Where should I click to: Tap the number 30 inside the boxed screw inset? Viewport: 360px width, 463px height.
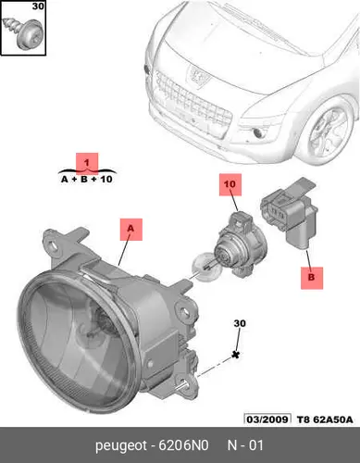(38, 6)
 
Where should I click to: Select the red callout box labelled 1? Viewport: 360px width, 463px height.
(87, 163)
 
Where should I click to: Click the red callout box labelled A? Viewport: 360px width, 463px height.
(131, 230)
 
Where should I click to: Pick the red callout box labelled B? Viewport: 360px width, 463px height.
(312, 278)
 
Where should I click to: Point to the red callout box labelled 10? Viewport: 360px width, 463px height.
(230, 184)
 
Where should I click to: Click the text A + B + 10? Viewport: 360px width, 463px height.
(87, 180)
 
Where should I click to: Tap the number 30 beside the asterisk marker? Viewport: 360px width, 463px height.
(240, 323)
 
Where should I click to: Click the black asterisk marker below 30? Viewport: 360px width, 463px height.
(236, 355)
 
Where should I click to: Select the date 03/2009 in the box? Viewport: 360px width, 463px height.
(267, 419)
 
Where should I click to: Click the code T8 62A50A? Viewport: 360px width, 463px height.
(325, 419)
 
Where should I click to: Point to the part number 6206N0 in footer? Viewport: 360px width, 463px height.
(183, 445)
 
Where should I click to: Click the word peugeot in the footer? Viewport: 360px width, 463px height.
(121, 446)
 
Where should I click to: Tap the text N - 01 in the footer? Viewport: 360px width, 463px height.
(245, 445)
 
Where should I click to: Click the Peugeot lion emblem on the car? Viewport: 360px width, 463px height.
(196, 77)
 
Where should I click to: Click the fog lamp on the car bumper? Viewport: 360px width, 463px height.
(258, 133)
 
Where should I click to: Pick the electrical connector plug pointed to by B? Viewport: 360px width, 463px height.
(290, 212)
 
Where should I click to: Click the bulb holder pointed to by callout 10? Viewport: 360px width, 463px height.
(240, 244)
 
